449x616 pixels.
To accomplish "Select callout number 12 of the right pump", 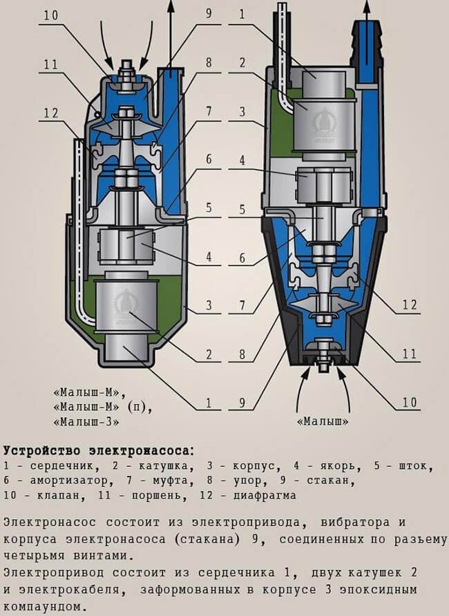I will [411, 304].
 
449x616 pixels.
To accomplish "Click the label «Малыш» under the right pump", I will [322, 421].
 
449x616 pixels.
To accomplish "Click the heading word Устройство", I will [48, 450].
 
